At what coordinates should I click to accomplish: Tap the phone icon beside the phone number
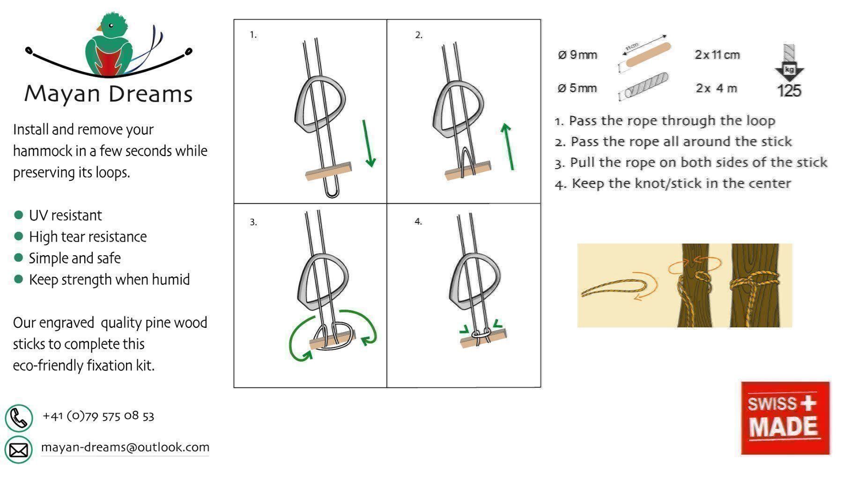point(19,418)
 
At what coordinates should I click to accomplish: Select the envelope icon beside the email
point(19,450)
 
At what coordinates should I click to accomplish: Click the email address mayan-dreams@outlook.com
point(125,447)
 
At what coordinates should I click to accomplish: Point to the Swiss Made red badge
point(785,418)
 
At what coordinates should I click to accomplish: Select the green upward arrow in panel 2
point(508,146)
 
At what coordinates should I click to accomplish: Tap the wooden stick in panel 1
point(328,171)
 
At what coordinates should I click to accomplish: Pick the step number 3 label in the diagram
point(253,222)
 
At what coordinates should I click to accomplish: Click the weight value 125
point(789,90)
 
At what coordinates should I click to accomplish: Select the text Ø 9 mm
point(577,55)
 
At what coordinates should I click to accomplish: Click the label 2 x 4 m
point(717,88)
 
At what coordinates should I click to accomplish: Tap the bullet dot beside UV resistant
point(19,215)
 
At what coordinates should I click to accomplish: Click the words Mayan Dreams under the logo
point(109,94)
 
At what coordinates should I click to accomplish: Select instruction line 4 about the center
point(673,183)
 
